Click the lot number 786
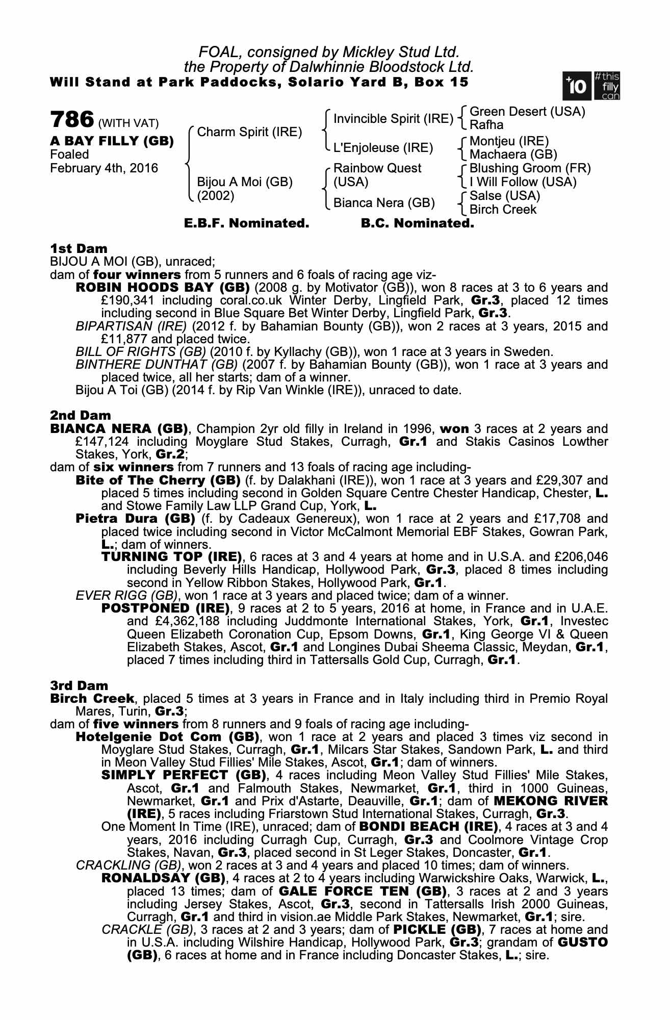click(72, 120)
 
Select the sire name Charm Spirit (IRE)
click(249, 132)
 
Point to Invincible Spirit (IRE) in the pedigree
click(393, 119)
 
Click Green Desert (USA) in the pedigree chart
click(527, 111)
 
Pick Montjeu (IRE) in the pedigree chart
click(509, 141)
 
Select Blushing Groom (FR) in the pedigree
click(530, 168)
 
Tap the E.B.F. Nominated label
click(246, 223)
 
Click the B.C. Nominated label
click(417, 223)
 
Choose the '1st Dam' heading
click(79, 248)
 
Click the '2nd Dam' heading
click(80, 416)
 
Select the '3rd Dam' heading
click(80, 685)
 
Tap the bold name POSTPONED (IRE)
click(165, 608)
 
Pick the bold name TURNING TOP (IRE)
click(171, 556)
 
